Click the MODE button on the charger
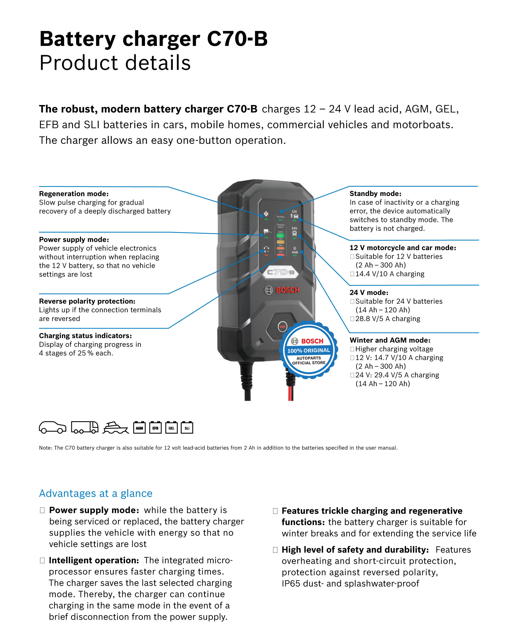(x=282, y=327)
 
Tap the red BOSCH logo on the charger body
(x=287, y=290)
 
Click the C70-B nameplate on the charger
(x=280, y=272)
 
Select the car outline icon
(x=53, y=427)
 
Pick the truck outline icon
(x=85, y=427)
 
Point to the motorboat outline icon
(x=115, y=428)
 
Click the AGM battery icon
(x=139, y=428)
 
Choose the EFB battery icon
(x=155, y=428)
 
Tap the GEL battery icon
(x=171, y=428)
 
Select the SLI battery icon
(x=187, y=428)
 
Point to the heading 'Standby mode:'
(x=375, y=193)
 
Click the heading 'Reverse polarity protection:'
(x=87, y=301)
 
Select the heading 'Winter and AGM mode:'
(x=390, y=340)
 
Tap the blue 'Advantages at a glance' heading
(x=96, y=493)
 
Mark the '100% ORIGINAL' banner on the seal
(x=309, y=351)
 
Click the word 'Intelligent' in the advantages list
(x=69, y=560)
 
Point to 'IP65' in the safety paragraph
(x=291, y=584)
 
